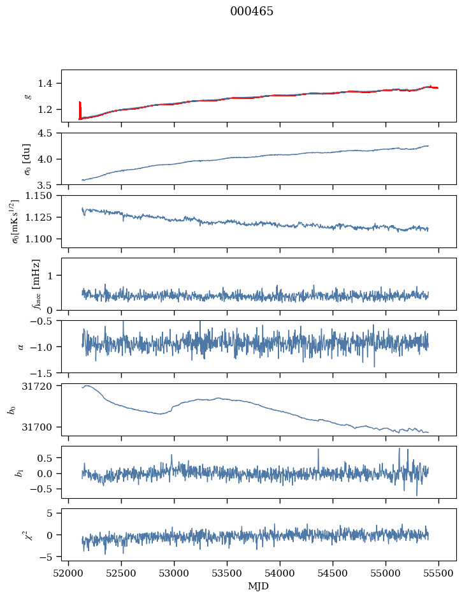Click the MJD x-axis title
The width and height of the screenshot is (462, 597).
259,586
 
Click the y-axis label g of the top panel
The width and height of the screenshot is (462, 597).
27,96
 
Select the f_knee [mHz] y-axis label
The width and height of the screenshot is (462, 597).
36,284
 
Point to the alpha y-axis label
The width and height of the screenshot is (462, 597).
20,346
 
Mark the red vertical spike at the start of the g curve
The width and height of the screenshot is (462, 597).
80,110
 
